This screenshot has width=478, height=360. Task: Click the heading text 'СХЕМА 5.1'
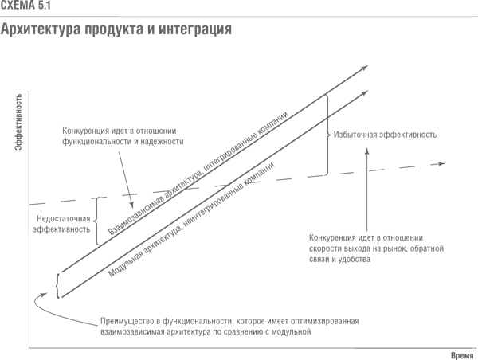click(25, 6)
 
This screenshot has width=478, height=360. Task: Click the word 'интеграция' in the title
click(195, 30)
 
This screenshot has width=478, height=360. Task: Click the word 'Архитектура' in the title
click(41, 30)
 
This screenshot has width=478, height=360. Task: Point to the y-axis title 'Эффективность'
click(18, 122)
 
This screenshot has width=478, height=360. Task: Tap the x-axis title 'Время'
click(462, 355)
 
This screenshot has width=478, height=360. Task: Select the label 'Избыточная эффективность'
click(385, 135)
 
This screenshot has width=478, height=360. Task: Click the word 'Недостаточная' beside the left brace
click(64, 219)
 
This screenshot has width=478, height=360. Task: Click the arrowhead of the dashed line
click(441, 164)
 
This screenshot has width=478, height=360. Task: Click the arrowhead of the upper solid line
click(365, 68)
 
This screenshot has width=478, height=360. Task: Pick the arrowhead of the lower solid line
click(365, 93)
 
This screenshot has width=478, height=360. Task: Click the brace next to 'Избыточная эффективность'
click(327, 135)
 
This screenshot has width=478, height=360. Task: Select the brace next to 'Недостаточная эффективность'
click(96, 221)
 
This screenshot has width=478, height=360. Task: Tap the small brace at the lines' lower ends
click(57, 286)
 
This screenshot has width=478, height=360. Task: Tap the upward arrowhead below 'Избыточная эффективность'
click(367, 151)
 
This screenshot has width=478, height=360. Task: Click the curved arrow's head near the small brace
click(44, 295)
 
